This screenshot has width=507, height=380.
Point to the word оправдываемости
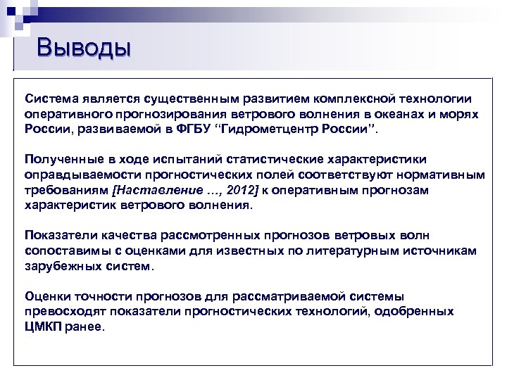tap(76, 175)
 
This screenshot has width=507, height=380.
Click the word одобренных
tap(414, 311)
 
